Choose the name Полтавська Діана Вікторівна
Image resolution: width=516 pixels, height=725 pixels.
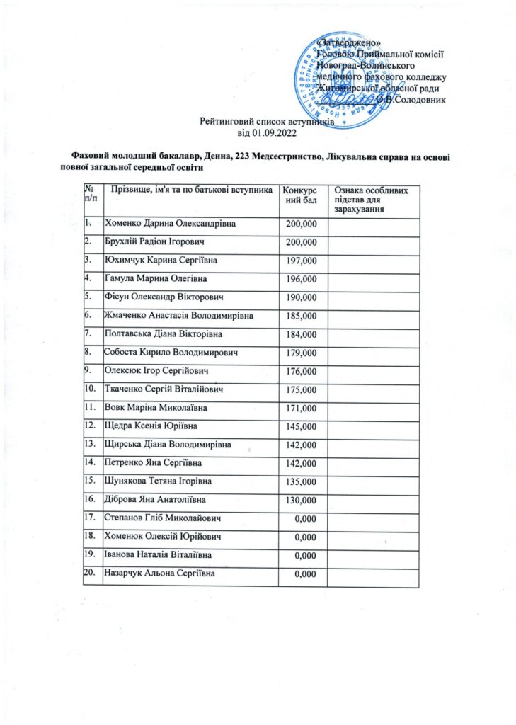click(164, 333)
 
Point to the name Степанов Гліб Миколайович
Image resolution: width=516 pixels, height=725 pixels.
click(163, 518)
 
